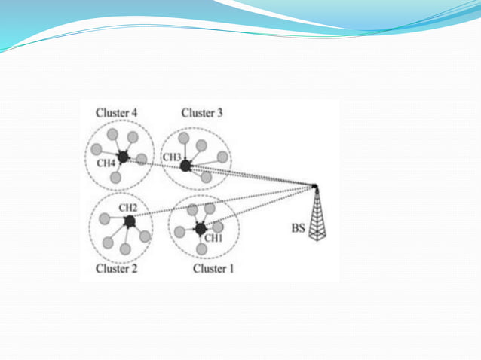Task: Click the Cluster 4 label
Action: tap(116, 113)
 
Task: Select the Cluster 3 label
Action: tap(202, 113)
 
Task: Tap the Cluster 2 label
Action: tap(116, 269)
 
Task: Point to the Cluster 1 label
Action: tap(213, 269)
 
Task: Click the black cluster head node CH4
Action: tap(122, 158)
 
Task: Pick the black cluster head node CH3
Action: tap(185, 165)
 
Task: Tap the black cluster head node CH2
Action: tap(129, 221)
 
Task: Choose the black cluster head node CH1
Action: tap(201, 228)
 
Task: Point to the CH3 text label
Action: tap(172, 157)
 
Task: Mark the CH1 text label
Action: tap(214, 239)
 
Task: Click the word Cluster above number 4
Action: tap(112, 113)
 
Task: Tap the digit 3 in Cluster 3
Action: tap(220, 113)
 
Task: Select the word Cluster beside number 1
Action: tap(209, 269)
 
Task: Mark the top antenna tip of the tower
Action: tap(315, 185)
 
